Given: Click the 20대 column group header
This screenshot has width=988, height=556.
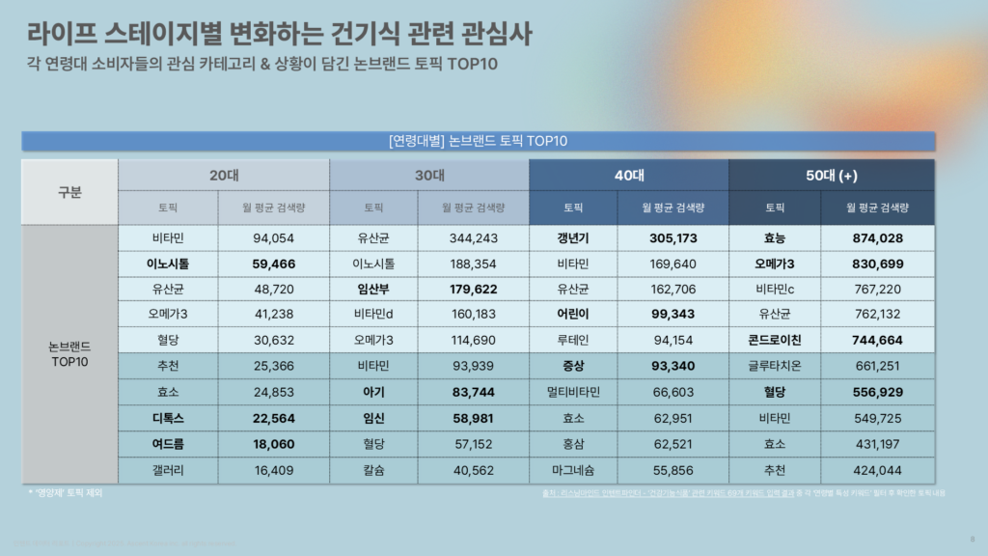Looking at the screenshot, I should click(224, 175).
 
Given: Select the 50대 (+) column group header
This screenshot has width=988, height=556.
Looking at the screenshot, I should click(832, 175).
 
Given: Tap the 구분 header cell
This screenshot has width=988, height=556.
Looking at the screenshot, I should click(69, 191).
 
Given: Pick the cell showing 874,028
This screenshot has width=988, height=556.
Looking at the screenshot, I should click(877, 237).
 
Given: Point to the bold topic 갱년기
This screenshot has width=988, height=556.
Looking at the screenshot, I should click(573, 237).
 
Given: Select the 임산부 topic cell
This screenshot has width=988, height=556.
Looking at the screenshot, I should click(373, 288).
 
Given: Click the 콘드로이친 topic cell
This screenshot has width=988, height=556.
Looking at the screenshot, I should click(774, 340).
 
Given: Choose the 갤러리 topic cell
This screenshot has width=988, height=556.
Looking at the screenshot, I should click(168, 470).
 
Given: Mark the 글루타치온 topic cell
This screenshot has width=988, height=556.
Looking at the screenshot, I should click(774, 366).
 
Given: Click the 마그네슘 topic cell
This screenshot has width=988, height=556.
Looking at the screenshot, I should click(573, 470).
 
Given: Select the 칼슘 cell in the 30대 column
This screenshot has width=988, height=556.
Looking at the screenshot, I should click(373, 470).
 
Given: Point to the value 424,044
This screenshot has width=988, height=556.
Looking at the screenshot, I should click(877, 470).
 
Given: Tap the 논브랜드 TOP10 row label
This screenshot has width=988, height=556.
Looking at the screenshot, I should click(69, 354).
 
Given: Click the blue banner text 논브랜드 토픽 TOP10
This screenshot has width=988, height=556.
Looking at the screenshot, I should click(479, 141).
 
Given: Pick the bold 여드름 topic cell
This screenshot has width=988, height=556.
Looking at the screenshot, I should click(168, 444).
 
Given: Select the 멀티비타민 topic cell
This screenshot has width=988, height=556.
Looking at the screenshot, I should click(573, 392).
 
